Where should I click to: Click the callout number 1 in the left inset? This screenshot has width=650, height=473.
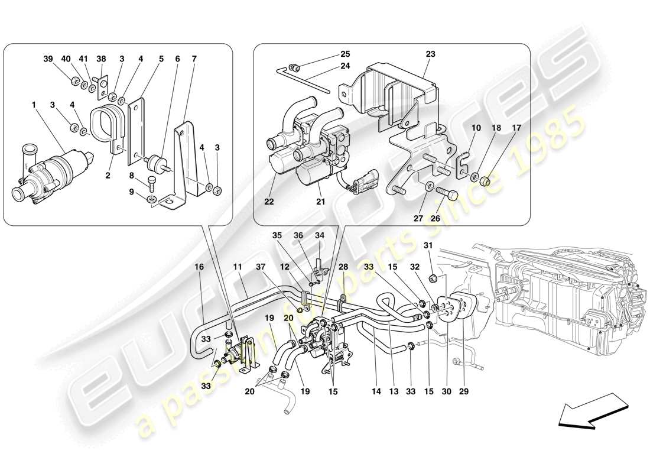point(34,105)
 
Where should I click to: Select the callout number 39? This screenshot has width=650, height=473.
point(48,59)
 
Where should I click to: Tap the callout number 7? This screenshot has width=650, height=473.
point(194,59)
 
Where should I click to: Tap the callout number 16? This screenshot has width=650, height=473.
point(199,267)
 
